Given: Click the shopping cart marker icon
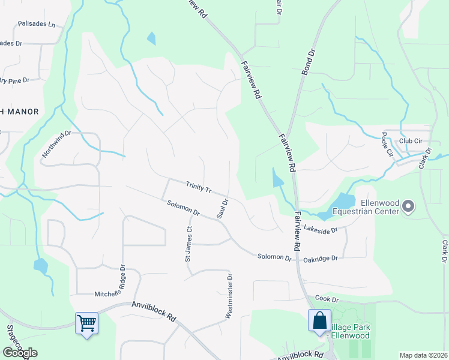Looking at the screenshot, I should [87, 323].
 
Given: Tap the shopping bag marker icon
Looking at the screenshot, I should [319, 320].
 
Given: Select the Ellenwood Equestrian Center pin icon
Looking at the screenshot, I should [409, 207].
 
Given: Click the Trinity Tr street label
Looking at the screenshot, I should [199, 188].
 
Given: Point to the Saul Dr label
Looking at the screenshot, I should [223, 209].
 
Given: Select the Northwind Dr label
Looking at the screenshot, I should [56, 145].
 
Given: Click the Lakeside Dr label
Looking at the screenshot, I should [321, 229].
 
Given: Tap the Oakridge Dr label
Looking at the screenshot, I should [321, 257].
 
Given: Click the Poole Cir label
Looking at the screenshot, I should [387, 145].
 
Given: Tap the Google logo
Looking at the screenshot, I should [20, 353].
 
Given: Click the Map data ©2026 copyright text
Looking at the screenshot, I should [423, 355].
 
